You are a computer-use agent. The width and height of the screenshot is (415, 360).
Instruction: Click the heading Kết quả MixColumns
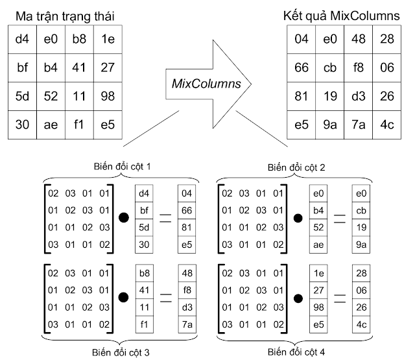[342, 14]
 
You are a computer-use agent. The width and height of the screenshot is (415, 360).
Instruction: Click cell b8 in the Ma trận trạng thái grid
[78, 39]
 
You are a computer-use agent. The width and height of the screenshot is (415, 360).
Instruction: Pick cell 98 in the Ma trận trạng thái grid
[107, 95]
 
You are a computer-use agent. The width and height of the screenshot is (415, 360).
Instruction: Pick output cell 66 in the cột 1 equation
[187, 210]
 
